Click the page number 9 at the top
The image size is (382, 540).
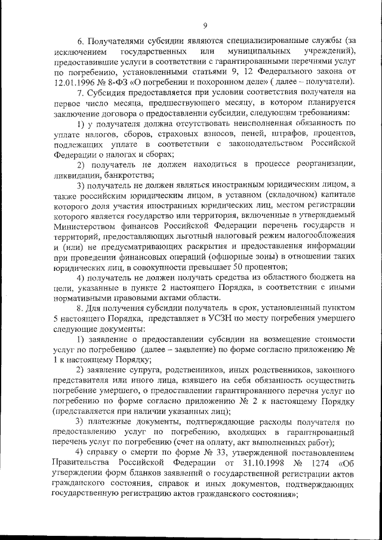pos(205,25)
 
